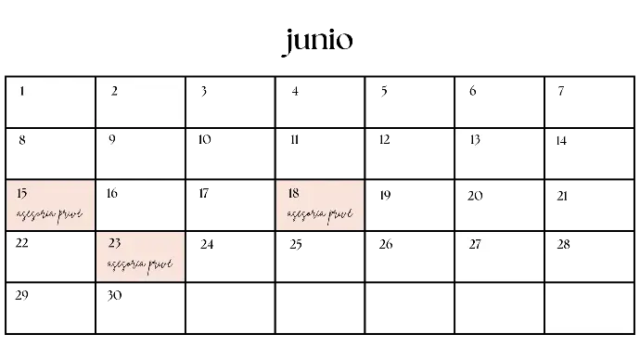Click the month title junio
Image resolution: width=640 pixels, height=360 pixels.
pyautogui.click(x=318, y=42)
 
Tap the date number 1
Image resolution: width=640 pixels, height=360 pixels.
pyautogui.click(x=22, y=91)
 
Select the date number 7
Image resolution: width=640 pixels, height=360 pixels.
pyautogui.click(x=561, y=91)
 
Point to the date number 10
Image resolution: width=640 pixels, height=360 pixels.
pyautogui.click(x=204, y=140)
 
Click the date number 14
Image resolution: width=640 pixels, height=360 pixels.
pyautogui.click(x=561, y=141)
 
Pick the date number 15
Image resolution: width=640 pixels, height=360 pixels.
pyautogui.click(x=22, y=193)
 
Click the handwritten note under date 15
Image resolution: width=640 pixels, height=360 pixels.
pyautogui.click(x=49, y=214)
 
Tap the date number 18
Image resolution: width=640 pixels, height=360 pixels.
pyautogui.click(x=293, y=193)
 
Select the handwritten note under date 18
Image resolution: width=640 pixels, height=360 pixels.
pyautogui.click(x=320, y=214)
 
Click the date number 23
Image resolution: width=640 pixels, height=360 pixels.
pyautogui.click(x=115, y=243)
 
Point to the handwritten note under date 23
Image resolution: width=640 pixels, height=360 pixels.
pyautogui.click(x=140, y=264)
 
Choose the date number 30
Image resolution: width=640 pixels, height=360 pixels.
pyautogui.click(x=114, y=295)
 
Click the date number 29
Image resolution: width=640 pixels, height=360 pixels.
pyautogui.click(x=21, y=295)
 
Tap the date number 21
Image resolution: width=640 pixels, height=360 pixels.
pyautogui.click(x=562, y=197)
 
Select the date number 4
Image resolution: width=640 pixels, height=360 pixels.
pyautogui.click(x=295, y=91)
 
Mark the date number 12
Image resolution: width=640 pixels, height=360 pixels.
pyautogui.click(x=385, y=140)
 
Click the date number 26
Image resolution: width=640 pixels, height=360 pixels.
pyautogui.click(x=386, y=244)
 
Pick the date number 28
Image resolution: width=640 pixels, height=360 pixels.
pyautogui.click(x=563, y=244)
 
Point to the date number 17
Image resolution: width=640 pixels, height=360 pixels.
pyautogui.click(x=204, y=193)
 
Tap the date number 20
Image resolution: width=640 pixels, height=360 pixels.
pyautogui.click(x=475, y=197)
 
